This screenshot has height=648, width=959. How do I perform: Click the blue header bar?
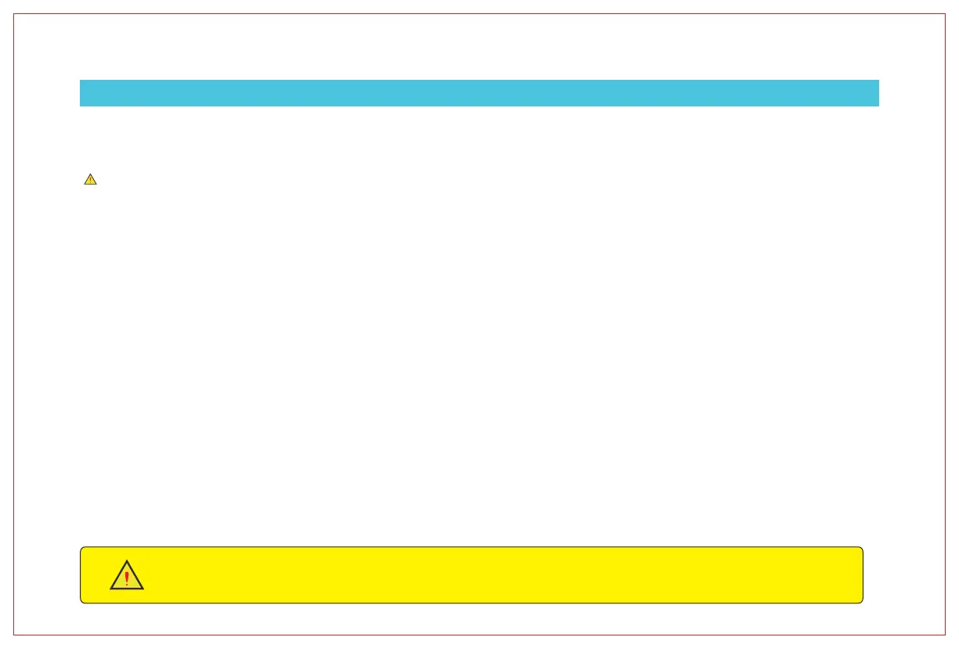(x=479, y=92)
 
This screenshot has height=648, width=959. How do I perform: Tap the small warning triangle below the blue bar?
(x=90, y=179)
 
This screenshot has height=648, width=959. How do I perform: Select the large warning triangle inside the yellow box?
(x=127, y=577)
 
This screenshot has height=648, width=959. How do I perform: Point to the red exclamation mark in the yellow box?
(x=127, y=579)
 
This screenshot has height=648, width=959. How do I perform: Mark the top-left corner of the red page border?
(x=14, y=13)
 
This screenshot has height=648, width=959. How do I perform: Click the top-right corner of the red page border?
(x=945, y=13)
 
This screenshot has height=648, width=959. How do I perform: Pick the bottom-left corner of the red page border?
(x=14, y=634)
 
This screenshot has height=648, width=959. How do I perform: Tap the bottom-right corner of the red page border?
(x=945, y=634)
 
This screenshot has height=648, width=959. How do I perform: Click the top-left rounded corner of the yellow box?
(x=82, y=549)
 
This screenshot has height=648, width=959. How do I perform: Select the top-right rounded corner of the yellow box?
(x=861, y=549)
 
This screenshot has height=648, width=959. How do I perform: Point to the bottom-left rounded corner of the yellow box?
(x=82, y=601)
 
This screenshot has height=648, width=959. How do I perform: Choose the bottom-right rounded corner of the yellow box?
(x=861, y=601)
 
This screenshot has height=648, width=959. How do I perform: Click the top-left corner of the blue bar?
(x=80, y=80)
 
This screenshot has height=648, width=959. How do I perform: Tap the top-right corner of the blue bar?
(x=878, y=80)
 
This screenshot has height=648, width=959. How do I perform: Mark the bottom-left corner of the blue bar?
(x=80, y=106)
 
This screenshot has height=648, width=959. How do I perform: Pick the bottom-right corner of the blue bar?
(x=878, y=106)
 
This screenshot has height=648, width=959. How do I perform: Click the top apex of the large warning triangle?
(x=127, y=561)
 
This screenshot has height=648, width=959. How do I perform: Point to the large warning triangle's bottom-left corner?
(x=110, y=589)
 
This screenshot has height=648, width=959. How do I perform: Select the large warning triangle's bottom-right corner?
(x=144, y=589)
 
